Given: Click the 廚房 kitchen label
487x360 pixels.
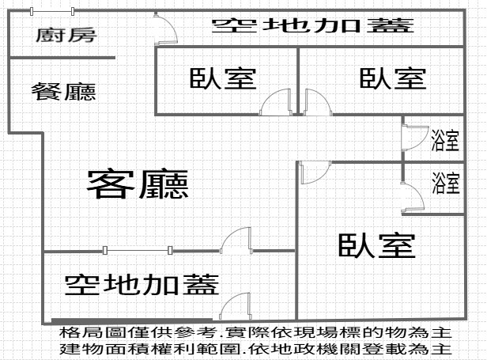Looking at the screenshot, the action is tap(66, 36).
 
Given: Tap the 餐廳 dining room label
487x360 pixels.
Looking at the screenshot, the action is tap(64, 92).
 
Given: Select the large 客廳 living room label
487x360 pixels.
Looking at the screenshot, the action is tap(138, 184).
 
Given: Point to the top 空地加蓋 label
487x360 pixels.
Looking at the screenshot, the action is tap(313, 25).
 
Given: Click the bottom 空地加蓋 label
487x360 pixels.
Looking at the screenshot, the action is tap(142, 285).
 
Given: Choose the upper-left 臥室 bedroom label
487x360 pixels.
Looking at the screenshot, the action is tap(223, 78).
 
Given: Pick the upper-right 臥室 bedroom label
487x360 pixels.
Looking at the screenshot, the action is tap(393, 78).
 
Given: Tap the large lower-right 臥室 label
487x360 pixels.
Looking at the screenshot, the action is tap(377, 245).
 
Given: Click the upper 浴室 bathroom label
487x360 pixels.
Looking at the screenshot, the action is tap(445, 140).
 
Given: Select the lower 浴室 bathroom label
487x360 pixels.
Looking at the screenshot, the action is tap(446, 183).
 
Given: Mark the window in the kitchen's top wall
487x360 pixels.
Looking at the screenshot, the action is tap(52, 12).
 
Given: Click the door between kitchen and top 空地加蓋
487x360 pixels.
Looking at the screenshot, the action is tap(165, 29).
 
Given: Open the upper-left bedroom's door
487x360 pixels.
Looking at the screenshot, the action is tap(276, 102).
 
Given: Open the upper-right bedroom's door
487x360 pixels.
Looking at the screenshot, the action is tap(318, 102).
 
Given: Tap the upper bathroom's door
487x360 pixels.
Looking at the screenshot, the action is tap(415, 138).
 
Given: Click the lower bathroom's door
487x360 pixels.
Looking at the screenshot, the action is tap(413, 198).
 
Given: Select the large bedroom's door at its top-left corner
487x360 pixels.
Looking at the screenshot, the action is tap(315, 172).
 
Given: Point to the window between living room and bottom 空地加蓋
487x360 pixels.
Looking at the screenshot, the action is tap(138, 250).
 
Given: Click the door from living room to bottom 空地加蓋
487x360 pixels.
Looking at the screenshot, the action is tap(236, 240).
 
